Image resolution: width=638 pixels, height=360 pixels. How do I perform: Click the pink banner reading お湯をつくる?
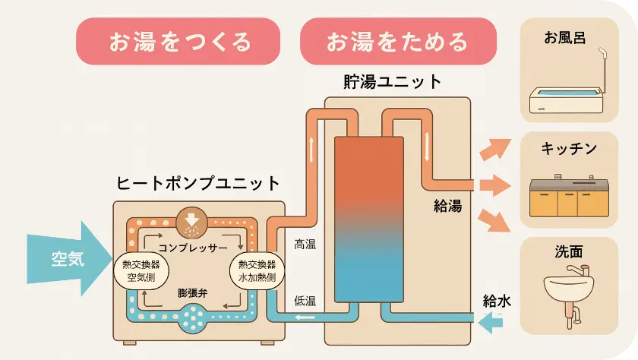pos(179,42)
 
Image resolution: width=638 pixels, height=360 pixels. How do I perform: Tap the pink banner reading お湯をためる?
pos(398,42)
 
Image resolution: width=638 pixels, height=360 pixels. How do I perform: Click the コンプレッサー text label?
pos(193,248)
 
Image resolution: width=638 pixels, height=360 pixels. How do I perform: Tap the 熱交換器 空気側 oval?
pos(141,271)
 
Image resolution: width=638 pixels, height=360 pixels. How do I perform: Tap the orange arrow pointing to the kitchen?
pos(493,185)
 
